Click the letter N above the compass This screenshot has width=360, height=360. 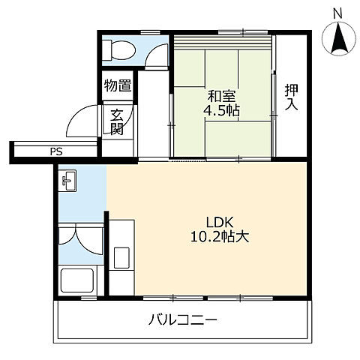[337, 13]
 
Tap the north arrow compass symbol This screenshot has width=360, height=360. [337, 37]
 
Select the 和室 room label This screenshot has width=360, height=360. [219, 96]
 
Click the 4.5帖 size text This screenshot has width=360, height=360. [219, 111]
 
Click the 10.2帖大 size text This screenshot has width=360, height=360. [220, 236]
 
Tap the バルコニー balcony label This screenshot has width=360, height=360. [182, 320]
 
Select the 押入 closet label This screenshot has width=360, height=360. [292, 97]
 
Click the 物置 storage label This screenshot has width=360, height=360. [117, 85]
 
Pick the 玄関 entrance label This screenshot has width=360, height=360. [117, 122]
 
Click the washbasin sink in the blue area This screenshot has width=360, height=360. [69, 180]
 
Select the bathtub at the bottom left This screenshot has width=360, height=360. [79, 282]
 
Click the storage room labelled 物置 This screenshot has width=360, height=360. [117, 85]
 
